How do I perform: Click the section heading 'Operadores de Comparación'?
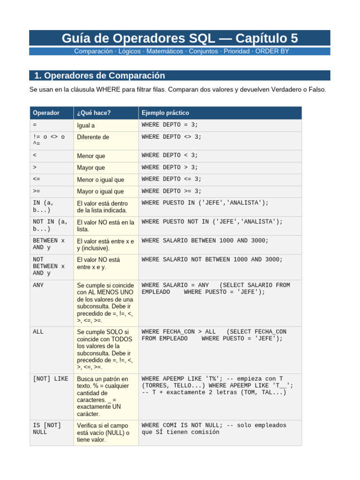click(99, 75)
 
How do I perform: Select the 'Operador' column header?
click(46, 113)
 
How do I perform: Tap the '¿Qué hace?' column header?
click(94, 113)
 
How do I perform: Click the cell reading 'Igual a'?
click(87, 126)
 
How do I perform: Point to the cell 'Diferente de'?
click(93, 137)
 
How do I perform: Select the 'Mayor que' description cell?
click(91, 167)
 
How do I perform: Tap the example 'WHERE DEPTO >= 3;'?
click(171, 191)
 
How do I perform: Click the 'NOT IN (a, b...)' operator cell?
click(50, 225)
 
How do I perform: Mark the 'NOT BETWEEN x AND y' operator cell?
click(48, 266)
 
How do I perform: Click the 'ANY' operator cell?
click(38, 285)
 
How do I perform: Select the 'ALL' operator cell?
click(38, 331)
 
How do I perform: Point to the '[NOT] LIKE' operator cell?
click(50, 378)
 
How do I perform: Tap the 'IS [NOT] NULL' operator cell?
click(47, 428)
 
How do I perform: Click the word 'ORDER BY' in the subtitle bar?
click(272, 51)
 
